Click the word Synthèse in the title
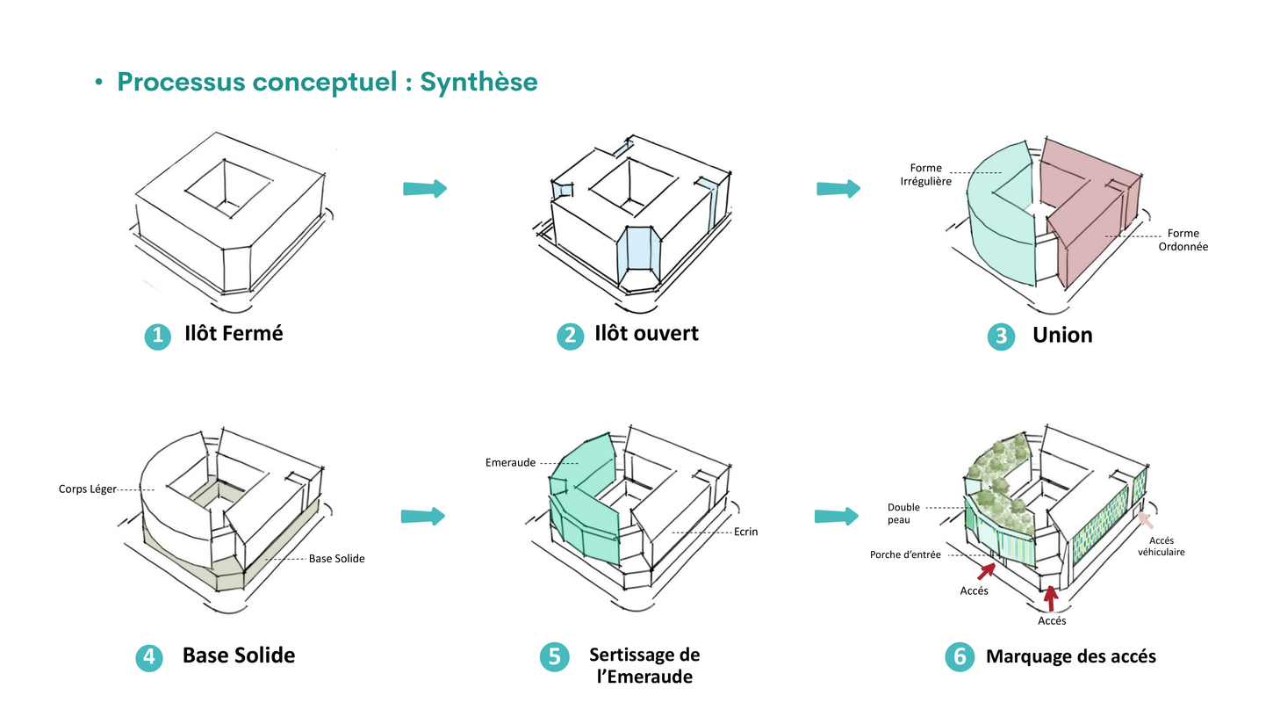[478, 83]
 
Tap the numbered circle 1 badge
[157, 336]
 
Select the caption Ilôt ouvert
[646, 334]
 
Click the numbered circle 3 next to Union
[1001, 337]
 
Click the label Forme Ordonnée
[1183, 240]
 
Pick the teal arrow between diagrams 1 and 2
[425, 188]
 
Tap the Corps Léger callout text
[88, 489]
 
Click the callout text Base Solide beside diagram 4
[336, 558]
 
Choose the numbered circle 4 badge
[149, 657]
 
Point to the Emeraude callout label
[510, 462]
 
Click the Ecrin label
[747, 532]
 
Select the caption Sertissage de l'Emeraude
[644, 665]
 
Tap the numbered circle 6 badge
[959, 657]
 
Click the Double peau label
[903, 514]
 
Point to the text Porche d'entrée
[904, 554]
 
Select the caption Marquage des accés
[1070, 656]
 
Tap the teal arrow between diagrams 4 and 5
[423, 516]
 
